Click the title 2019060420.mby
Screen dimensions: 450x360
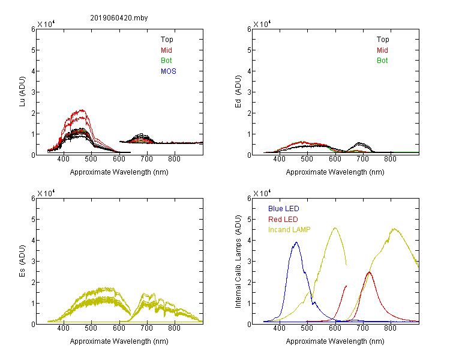119,18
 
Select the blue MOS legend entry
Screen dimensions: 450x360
169,71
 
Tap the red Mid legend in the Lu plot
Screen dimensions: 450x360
166,50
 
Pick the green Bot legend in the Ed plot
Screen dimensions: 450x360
382,61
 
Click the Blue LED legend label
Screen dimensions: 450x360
284,209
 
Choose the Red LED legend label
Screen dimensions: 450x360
283,220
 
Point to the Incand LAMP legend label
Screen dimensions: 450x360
289,230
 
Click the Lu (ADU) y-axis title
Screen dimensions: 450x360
22,91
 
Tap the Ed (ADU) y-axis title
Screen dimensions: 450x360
238,91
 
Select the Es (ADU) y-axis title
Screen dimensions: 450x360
22,260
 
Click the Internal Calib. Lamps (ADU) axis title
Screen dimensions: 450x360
238,262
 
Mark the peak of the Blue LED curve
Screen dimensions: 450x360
296,242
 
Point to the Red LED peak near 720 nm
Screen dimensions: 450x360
369,272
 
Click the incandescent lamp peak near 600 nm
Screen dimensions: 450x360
335,228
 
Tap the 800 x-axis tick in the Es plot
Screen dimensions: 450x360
174,328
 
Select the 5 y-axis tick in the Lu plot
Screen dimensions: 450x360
33,50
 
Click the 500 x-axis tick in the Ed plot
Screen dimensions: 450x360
307,159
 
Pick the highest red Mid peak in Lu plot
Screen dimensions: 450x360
82,110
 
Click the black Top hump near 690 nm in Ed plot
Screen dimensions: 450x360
359,143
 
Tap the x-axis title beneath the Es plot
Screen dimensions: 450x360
119,341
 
